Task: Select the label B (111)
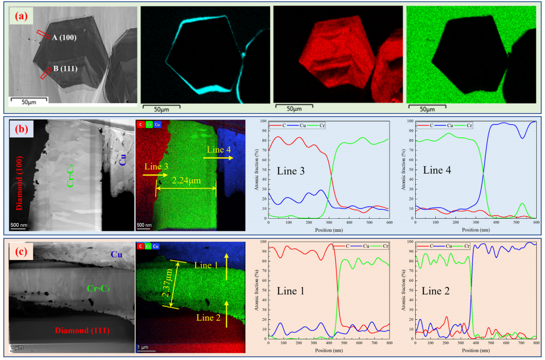(65, 69)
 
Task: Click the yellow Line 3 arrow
(158, 175)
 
